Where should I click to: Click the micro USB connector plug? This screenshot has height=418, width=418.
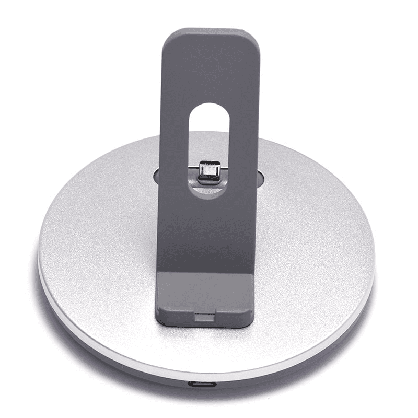point(208,171)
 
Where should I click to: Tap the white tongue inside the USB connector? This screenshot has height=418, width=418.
point(208,169)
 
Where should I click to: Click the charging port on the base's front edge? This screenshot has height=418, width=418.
point(201,385)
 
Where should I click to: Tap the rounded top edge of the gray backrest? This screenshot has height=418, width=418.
point(210,31)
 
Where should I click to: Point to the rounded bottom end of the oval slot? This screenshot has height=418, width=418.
point(208,191)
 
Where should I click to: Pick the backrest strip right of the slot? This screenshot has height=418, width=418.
point(243,146)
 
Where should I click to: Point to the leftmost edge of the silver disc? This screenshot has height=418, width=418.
point(39,256)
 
